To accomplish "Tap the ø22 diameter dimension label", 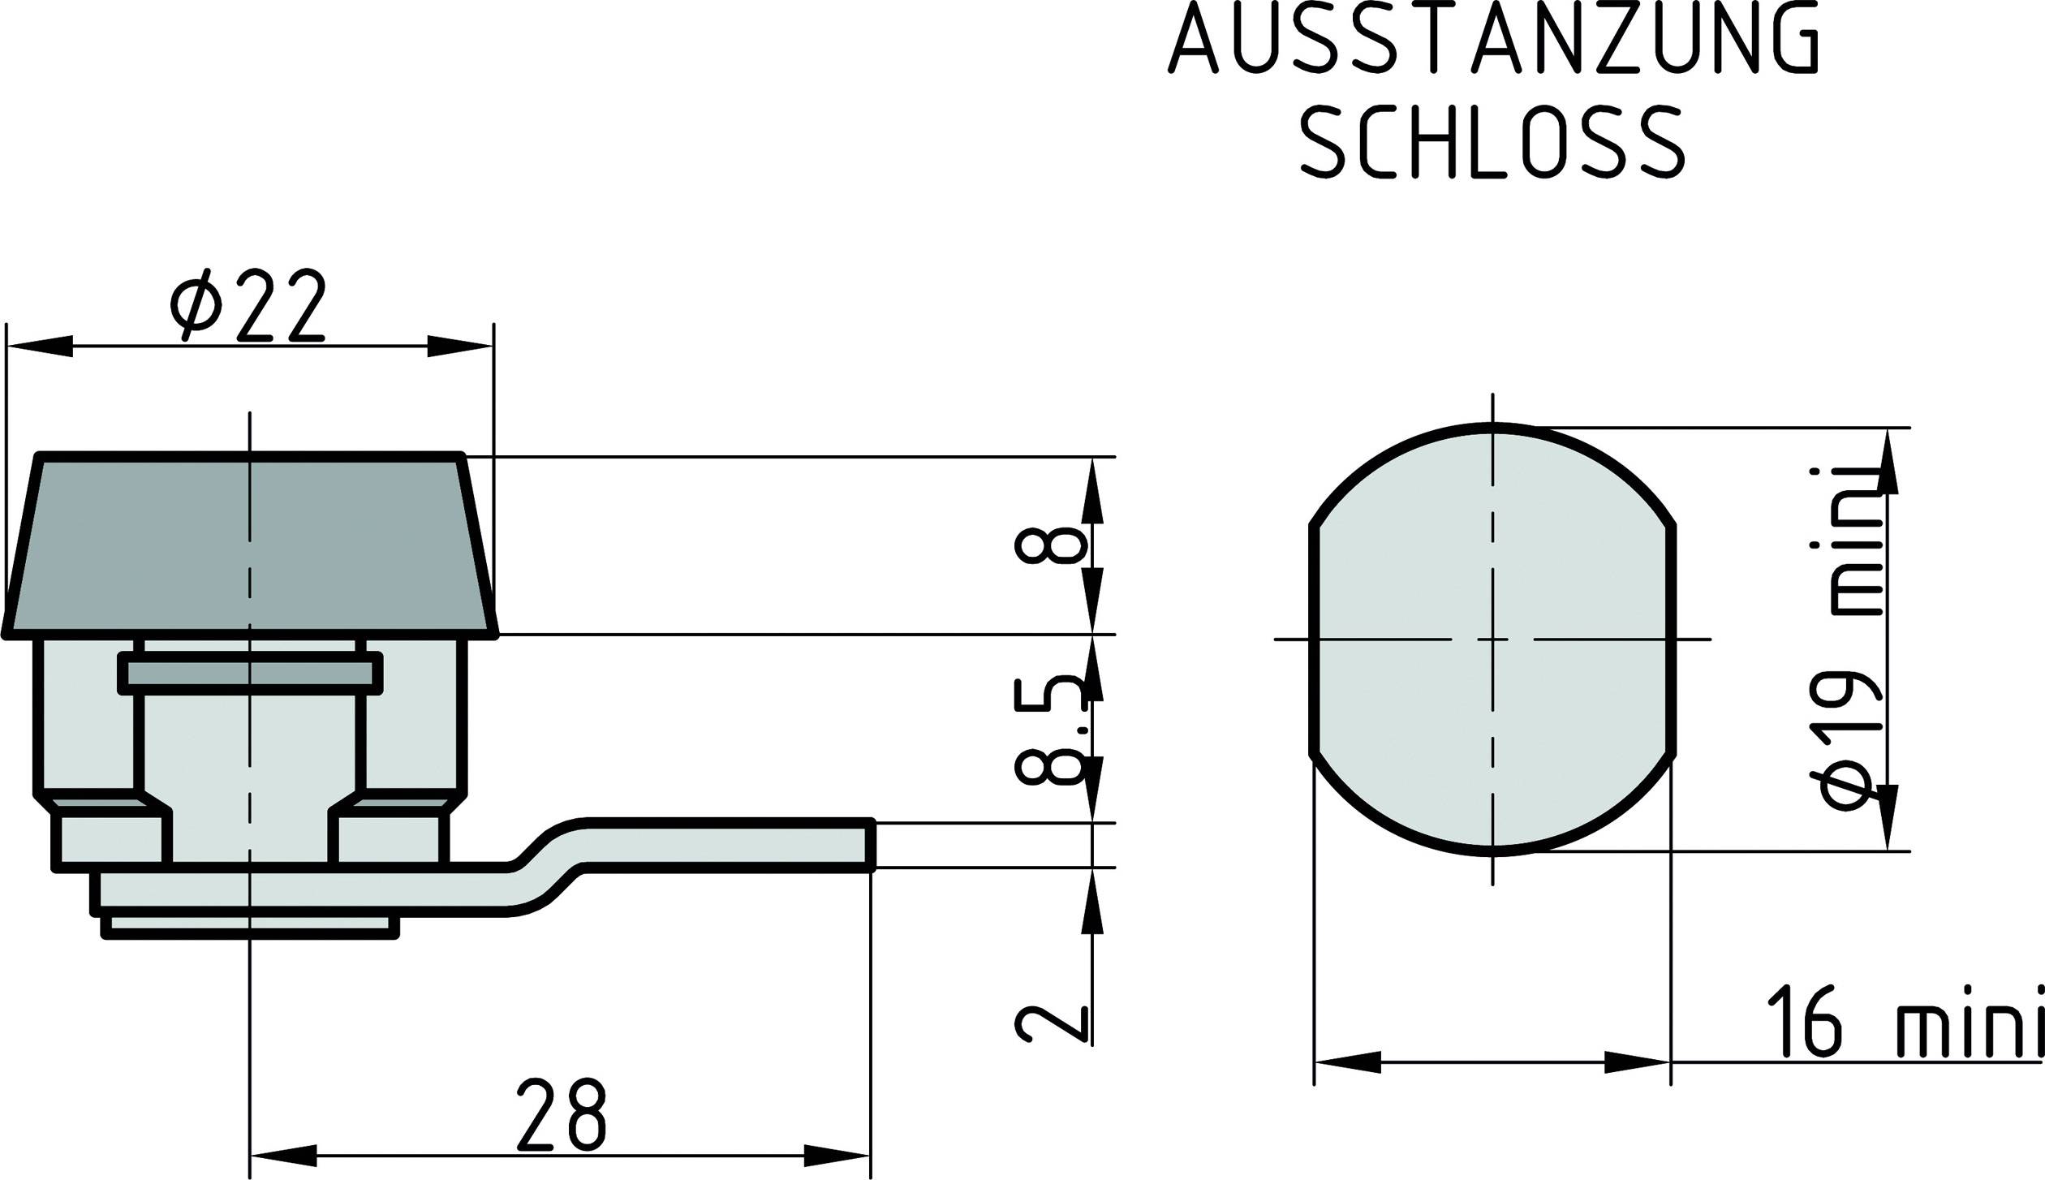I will point(248,304).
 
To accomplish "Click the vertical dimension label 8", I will point(1050,545).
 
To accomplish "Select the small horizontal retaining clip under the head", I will point(250,674).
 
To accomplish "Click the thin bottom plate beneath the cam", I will point(250,926).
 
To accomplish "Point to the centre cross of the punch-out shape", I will point(1492,640).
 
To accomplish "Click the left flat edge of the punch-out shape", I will point(1313,640).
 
